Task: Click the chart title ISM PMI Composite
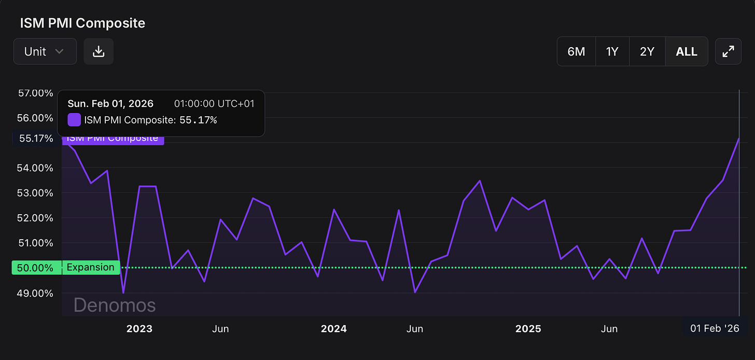82,23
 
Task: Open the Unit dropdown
45,51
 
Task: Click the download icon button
99,51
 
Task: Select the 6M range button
576,51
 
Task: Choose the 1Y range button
612,51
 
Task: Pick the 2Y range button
647,51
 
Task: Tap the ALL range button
687,51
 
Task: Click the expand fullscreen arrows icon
728,51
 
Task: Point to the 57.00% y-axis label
35,93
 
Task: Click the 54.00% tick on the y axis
35,168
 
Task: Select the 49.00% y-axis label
35,293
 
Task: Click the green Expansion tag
91,268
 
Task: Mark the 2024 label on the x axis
333,329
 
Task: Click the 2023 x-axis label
139,329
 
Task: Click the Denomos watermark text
115,305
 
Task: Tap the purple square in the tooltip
75,120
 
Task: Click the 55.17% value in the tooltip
198,120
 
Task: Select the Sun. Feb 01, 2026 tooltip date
110,104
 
